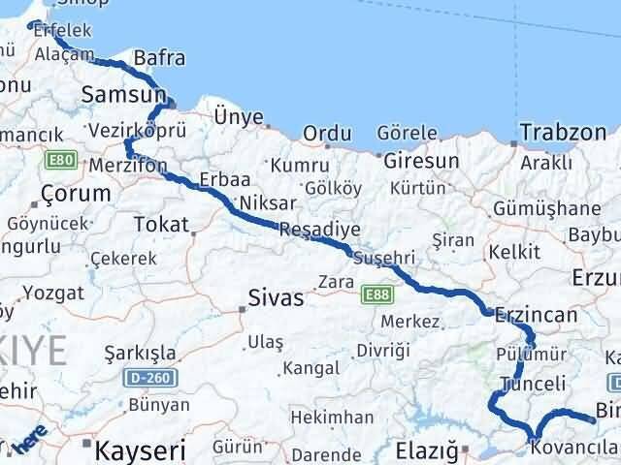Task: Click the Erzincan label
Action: coord(536,316)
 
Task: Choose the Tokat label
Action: coord(161,225)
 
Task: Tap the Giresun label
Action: coord(421,160)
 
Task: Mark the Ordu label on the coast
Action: coord(325,133)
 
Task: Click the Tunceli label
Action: coord(532,384)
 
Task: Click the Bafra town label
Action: coord(160,59)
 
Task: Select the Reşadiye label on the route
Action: coord(319,230)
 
